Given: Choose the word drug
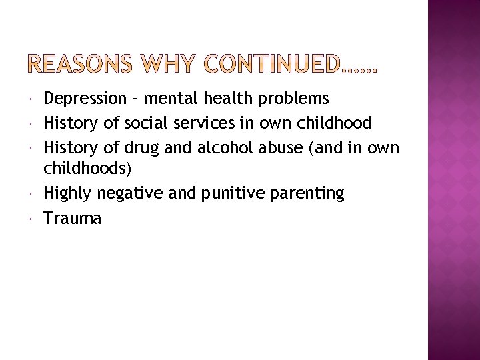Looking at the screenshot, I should pyautogui.click(x=137, y=147).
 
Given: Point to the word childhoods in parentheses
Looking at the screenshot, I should pyautogui.click(x=85, y=170).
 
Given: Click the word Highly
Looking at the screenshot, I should pyautogui.click(x=68, y=194).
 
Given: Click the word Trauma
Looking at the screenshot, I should pyautogui.click(x=73, y=217).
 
